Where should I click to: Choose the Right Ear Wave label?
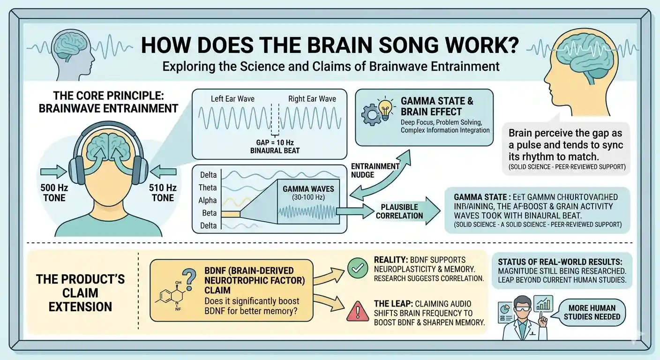[312, 99]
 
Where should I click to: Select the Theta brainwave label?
[208, 187]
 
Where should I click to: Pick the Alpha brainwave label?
[208, 200]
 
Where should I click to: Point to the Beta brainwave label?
[209, 213]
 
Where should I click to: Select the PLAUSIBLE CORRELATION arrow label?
[399, 211]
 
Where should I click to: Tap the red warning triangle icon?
[358, 311]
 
